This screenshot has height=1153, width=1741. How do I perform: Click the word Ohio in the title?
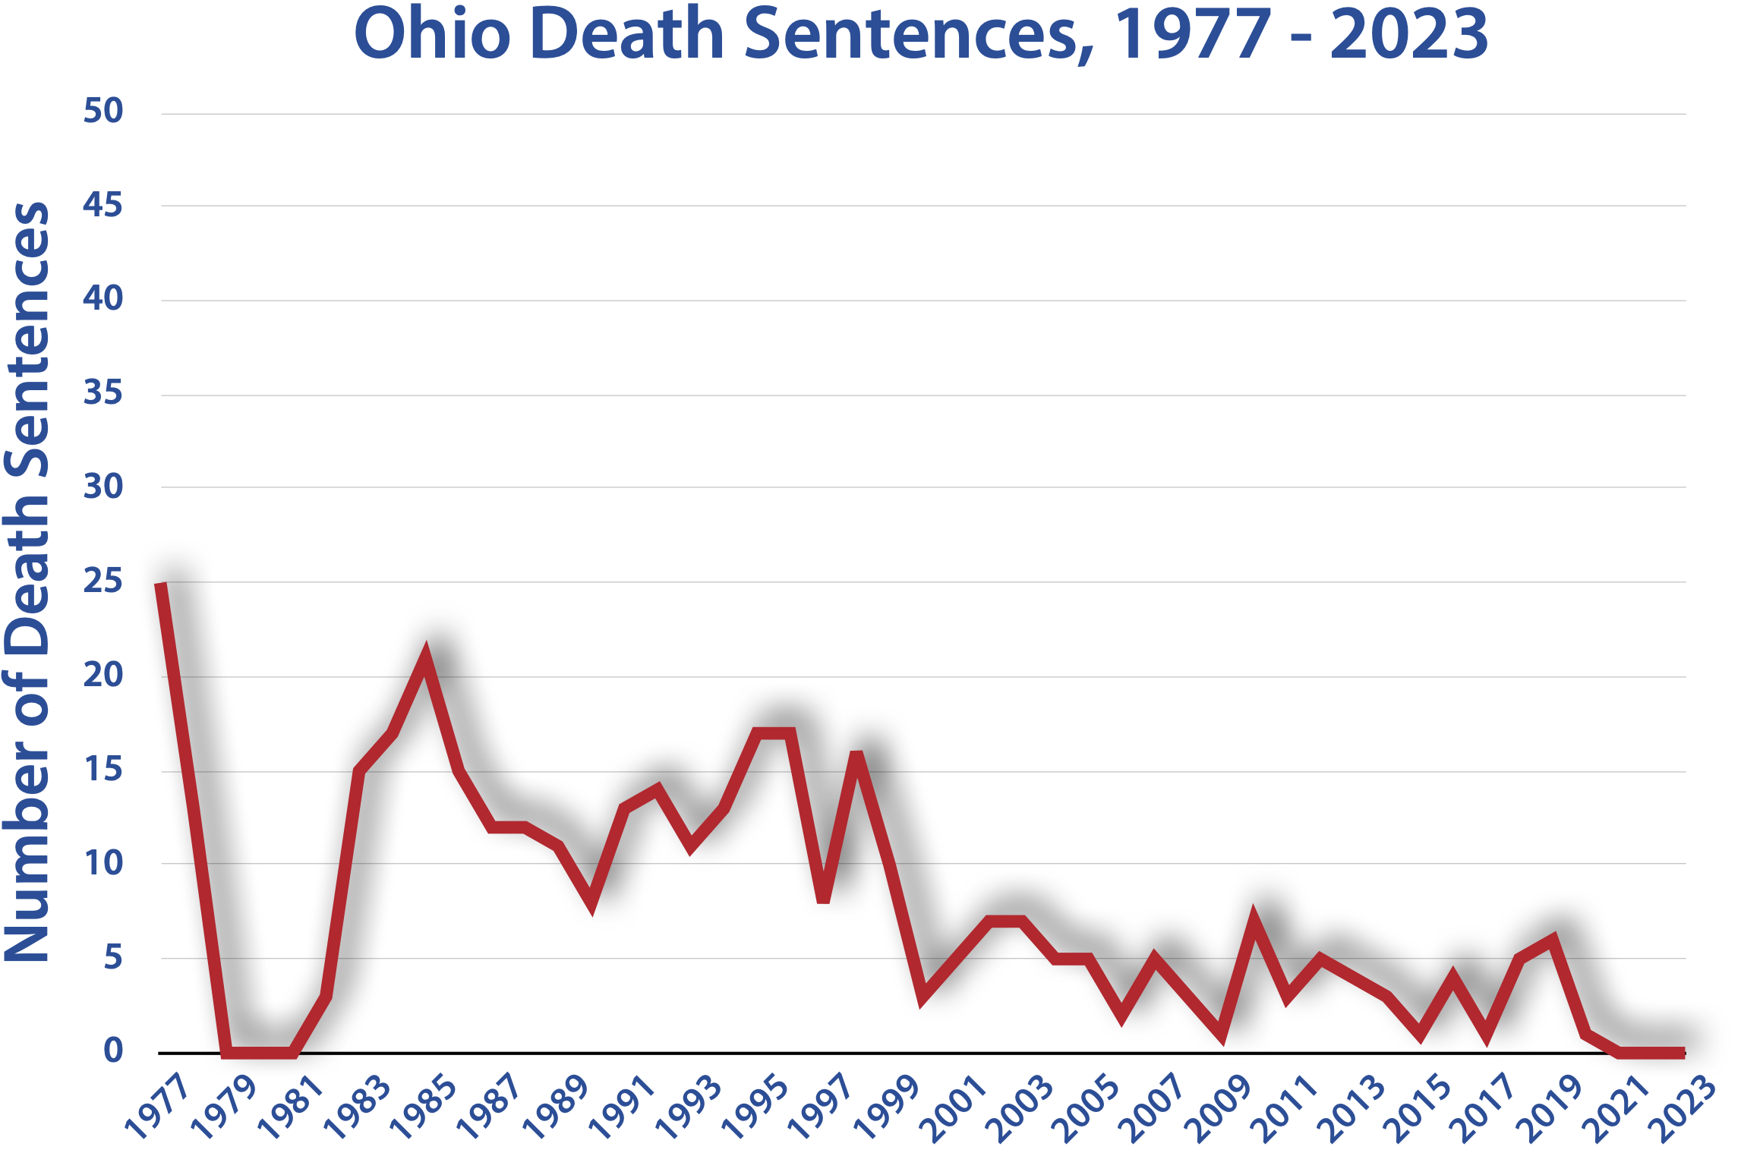tap(432, 34)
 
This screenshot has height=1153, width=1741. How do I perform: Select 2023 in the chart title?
tap(1408, 34)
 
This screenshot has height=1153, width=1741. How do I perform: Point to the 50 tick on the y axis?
tap(103, 112)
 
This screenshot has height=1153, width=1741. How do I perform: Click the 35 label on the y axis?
tap(103, 393)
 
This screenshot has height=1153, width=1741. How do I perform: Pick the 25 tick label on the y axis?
tap(103, 581)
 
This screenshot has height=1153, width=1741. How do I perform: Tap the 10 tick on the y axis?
tap(103, 863)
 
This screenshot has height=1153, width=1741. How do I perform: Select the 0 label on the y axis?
tap(113, 1051)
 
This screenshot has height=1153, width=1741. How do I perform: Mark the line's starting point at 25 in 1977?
tap(161, 584)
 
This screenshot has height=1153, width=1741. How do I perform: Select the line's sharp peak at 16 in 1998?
tap(856, 753)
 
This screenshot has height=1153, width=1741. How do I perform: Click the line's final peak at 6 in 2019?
tap(1552, 940)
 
